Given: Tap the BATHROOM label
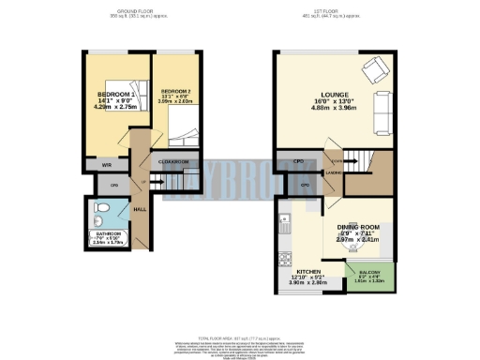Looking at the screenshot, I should tap(111, 233).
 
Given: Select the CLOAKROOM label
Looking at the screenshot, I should tap(174, 162).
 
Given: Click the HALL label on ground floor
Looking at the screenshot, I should tap(139, 209).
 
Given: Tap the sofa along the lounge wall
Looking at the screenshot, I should tap(382, 112).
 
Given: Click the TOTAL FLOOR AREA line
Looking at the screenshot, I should tap(240, 335).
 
